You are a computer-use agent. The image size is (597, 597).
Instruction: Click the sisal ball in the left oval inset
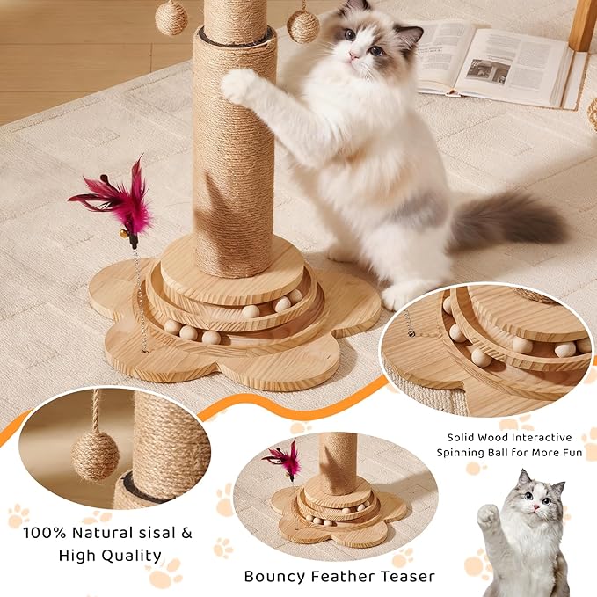click(95, 455)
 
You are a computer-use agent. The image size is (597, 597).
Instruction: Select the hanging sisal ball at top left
click(171, 17)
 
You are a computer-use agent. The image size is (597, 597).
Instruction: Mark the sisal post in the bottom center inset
click(338, 462)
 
